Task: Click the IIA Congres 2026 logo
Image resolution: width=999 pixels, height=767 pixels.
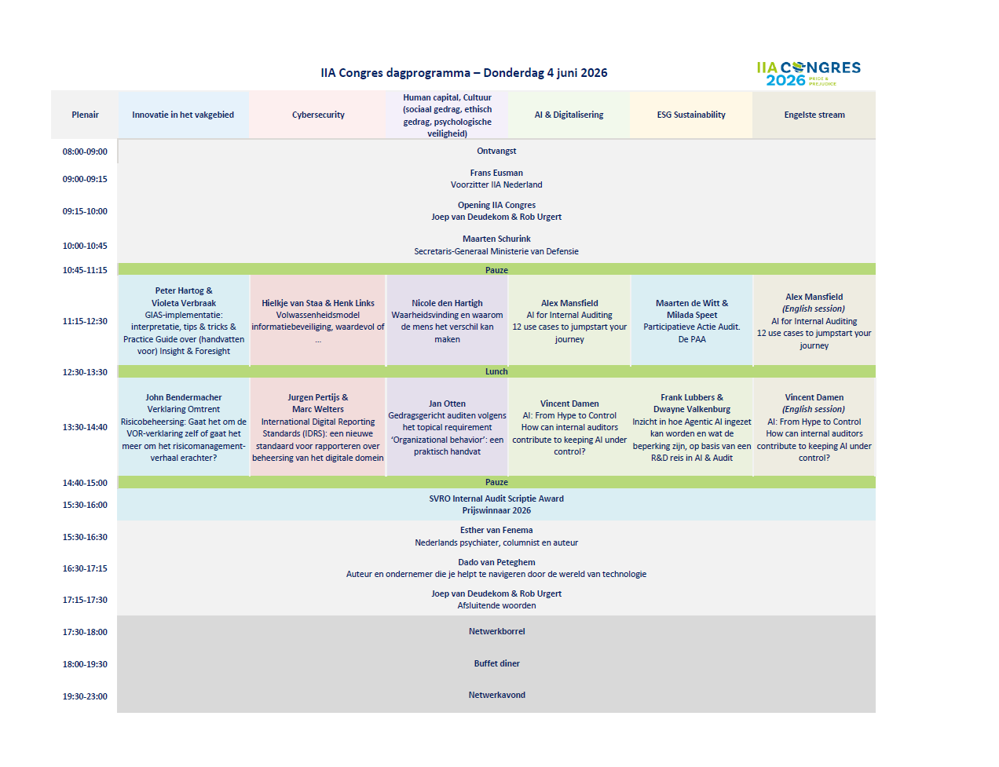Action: (x=808, y=73)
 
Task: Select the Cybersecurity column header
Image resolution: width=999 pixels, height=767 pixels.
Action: (x=318, y=115)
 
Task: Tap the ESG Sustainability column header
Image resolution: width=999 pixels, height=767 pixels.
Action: (x=691, y=115)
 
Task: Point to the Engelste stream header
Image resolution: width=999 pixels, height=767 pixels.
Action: (x=814, y=115)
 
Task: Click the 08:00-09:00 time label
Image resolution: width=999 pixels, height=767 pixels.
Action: (x=85, y=152)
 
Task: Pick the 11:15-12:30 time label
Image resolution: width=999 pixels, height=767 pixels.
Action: (x=85, y=321)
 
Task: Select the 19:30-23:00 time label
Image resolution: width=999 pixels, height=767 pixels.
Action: (x=85, y=696)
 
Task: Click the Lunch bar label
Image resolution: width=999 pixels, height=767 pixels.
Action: (x=496, y=371)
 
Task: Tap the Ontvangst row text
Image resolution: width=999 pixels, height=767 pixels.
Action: (x=496, y=151)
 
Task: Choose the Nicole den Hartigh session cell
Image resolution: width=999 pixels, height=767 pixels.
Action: (x=447, y=320)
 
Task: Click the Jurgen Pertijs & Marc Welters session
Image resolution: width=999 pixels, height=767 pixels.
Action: (x=317, y=427)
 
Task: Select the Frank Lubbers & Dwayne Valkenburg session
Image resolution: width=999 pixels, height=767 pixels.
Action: (x=691, y=427)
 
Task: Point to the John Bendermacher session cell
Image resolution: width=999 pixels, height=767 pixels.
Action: (x=183, y=427)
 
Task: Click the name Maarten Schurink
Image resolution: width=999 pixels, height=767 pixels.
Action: (x=496, y=239)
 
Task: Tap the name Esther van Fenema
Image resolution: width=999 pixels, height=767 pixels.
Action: (x=496, y=530)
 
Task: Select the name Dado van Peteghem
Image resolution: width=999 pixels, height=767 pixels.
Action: (x=496, y=562)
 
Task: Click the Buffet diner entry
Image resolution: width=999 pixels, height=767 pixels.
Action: (x=496, y=663)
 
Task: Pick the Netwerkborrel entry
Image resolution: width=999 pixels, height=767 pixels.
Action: (x=496, y=631)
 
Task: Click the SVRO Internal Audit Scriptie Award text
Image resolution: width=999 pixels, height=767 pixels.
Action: (x=496, y=499)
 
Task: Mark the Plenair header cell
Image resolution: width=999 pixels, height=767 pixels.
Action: (x=85, y=115)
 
